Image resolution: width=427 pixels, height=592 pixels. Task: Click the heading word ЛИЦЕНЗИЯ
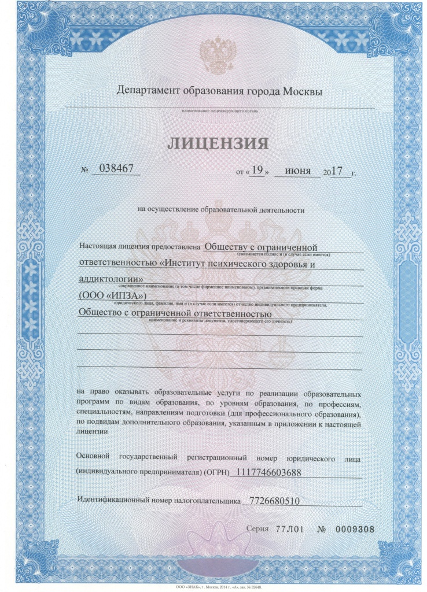pyautogui.click(x=219, y=143)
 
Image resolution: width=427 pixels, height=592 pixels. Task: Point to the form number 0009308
pyautogui.click(x=355, y=529)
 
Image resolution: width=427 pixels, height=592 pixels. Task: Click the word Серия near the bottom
pyautogui.click(x=257, y=529)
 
